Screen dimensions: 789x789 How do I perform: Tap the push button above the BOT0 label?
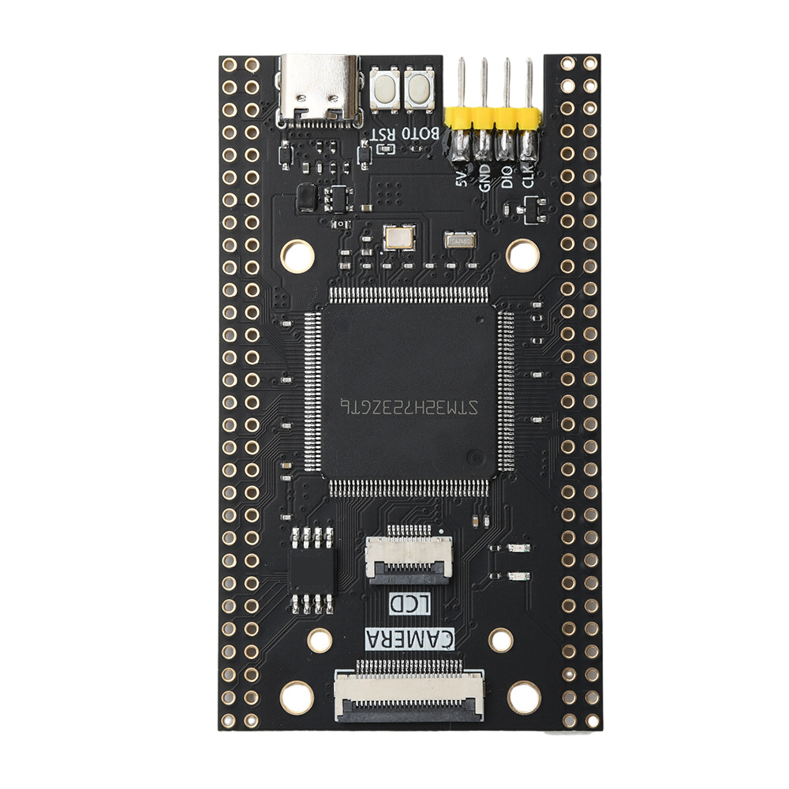tap(419, 88)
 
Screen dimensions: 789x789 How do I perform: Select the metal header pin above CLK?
tap(529, 83)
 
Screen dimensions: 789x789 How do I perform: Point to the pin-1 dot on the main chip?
tap(473, 456)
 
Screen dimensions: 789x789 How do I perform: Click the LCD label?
tap(410, 605)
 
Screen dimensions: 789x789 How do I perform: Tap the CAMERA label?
tap(410, 638)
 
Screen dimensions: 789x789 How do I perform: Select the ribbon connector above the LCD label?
tap(409, 556)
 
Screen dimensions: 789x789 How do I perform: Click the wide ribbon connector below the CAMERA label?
tap(409, 692)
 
